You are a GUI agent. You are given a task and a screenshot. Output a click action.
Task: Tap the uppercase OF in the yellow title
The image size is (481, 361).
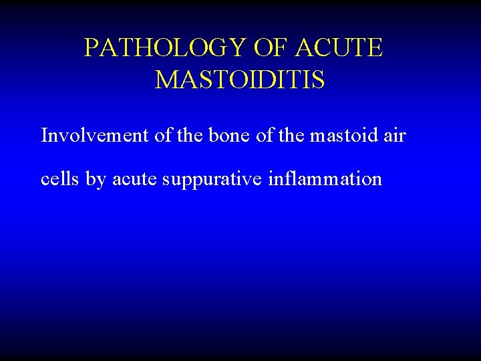pyautogui.click(x=272, y=48)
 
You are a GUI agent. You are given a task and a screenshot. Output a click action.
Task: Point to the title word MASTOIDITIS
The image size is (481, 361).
pyautogui.click(x=240, y=80)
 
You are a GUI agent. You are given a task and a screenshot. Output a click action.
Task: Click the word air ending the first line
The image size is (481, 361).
pyautogui.click(x=395, y=136)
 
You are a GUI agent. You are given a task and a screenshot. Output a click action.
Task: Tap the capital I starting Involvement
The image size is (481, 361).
pyautogui.click(x=45, y=136)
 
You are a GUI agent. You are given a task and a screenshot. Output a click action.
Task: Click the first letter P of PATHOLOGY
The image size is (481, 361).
pyautogui.click(x=92, y=48)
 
